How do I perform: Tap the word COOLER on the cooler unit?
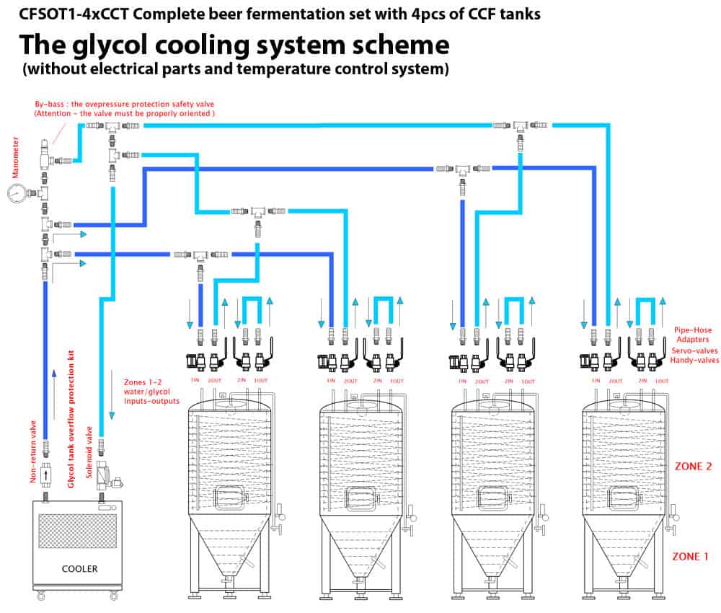[79, 568]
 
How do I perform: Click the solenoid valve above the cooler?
[103, 479]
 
